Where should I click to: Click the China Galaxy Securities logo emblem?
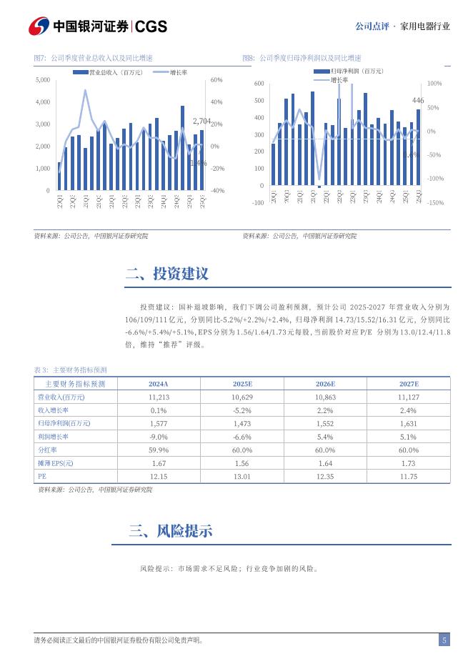40,26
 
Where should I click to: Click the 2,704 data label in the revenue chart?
202,122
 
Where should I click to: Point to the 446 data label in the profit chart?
418,100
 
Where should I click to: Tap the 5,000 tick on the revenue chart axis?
42,80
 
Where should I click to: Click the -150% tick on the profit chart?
434,203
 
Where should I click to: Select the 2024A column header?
158,384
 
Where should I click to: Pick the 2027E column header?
408,384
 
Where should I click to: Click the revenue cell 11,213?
158,397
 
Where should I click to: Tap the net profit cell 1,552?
324,423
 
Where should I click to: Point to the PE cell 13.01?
242,476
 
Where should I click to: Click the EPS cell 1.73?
408,463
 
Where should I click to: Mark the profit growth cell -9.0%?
158,437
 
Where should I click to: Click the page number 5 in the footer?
444,640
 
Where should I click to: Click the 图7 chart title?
93,58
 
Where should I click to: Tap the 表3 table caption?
70,370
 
